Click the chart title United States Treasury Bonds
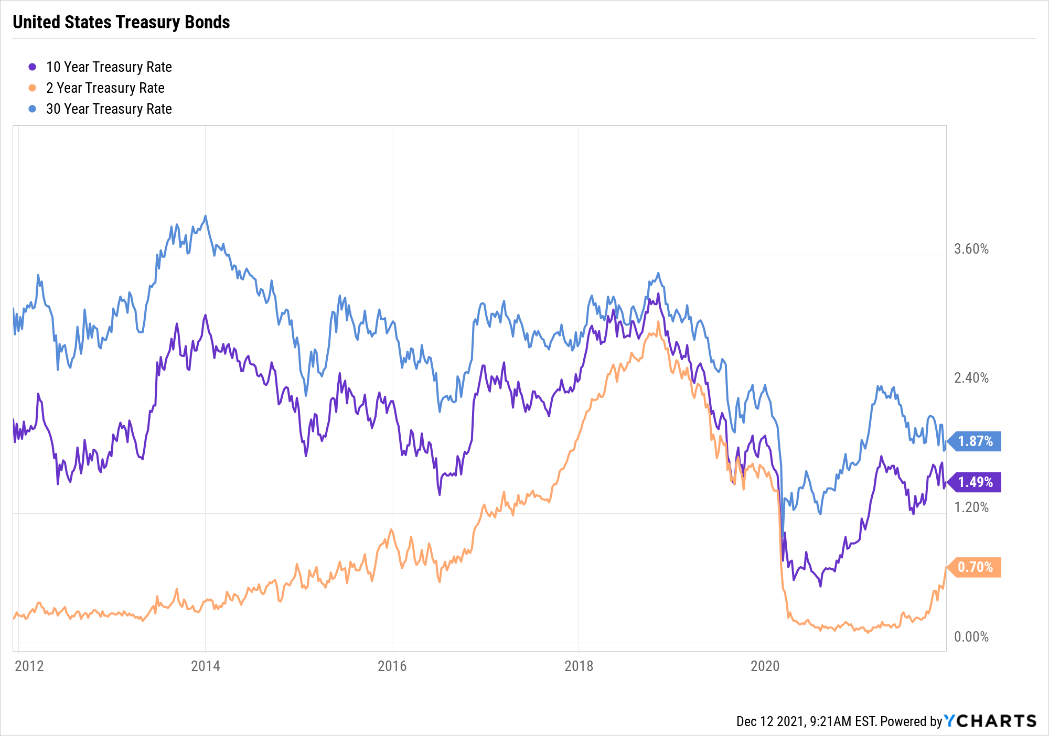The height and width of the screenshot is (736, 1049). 121,22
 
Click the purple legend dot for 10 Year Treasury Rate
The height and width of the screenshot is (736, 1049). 33,67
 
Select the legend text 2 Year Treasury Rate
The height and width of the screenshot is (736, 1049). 105,88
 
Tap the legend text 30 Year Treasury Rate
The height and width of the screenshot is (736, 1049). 109,109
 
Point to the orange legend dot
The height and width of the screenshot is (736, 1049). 33,88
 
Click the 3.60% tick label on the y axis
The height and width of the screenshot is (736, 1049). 971,249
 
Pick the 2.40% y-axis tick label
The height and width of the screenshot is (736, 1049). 971,378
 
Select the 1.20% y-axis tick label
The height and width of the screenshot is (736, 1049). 971,507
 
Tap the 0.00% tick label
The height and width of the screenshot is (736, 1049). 971,637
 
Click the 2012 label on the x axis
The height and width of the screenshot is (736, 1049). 29,666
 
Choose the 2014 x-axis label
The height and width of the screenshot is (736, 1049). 205,666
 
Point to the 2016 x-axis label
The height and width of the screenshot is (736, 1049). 392,666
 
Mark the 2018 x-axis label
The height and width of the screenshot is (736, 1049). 579,666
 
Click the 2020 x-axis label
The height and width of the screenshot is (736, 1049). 765,666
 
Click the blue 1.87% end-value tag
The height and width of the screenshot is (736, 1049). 975,441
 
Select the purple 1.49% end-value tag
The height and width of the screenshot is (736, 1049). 975,482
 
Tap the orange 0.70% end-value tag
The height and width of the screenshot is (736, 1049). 975,567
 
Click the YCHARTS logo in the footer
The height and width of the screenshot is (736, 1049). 990,721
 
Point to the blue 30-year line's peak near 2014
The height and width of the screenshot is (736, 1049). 205,216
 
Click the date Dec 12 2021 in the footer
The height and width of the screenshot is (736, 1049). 770,722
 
